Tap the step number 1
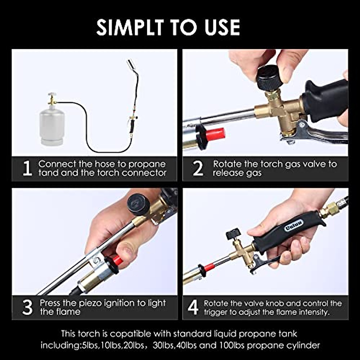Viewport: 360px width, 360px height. click(x=27, y=169)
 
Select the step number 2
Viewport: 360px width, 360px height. click(x=198, y=169)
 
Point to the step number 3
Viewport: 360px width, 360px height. click(x=27, y=307)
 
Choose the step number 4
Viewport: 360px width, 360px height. click(x=193, y=307)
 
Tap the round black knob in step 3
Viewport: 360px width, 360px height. click(x=138, y=204)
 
